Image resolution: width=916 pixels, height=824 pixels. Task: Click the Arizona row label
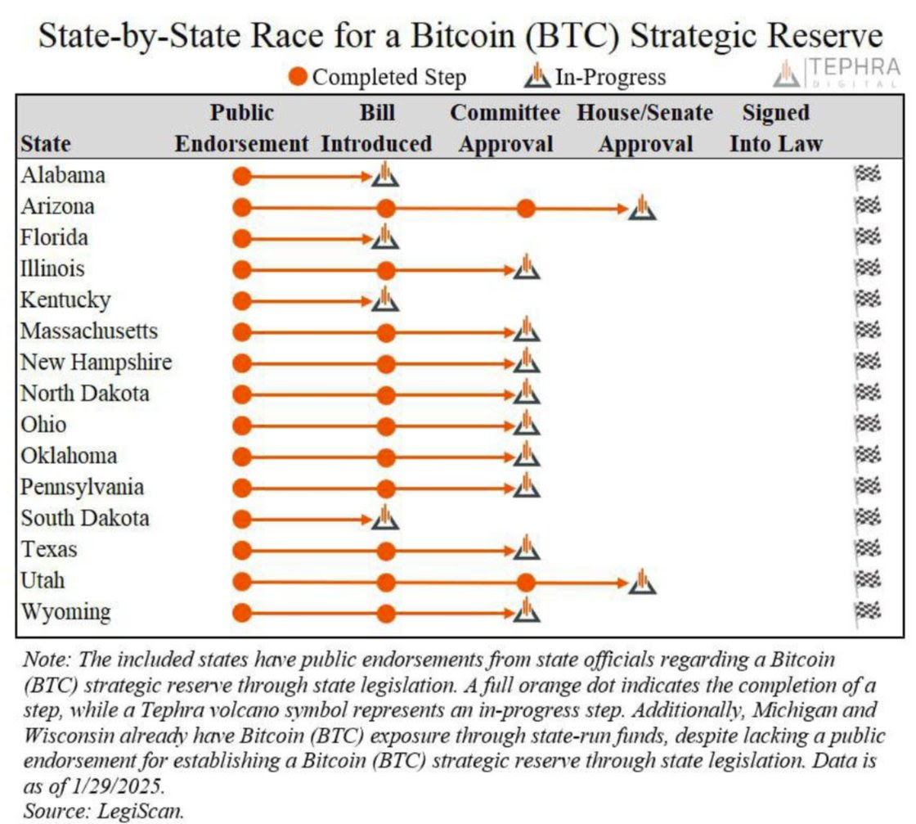[x=57, y=206]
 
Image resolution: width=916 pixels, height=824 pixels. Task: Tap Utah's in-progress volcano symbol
[x=643, y=582]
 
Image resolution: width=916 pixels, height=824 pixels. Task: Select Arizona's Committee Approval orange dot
[x=527, y=208]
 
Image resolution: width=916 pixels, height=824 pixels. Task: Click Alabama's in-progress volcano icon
[x=385, y=174]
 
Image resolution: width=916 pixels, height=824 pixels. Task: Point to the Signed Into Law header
[x=775, y=128]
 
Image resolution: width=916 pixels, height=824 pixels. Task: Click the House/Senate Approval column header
[x=644, y=128]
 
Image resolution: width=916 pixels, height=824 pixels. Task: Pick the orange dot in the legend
[x=299, y=78]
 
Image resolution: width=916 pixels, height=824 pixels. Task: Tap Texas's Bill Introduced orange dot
[x=387, y=549]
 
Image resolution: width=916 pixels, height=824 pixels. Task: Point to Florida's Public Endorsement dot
[x=241, y=238]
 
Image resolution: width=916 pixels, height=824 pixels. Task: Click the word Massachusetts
[x=89, y=331]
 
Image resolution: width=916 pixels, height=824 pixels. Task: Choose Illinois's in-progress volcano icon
[x=527, y=268]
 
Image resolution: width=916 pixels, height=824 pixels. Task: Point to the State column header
[x=45, y=144]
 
